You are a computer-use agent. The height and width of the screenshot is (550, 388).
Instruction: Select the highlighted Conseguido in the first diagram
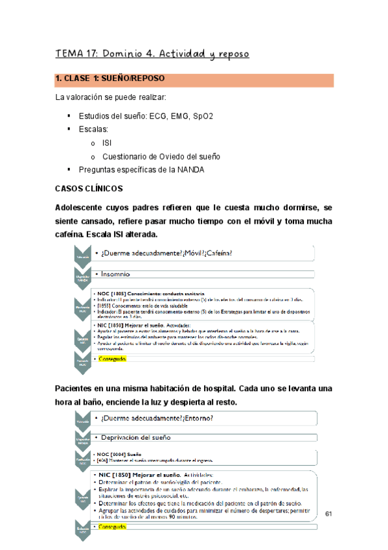[112, 359]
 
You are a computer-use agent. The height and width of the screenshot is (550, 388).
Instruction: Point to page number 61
[328, 496]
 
